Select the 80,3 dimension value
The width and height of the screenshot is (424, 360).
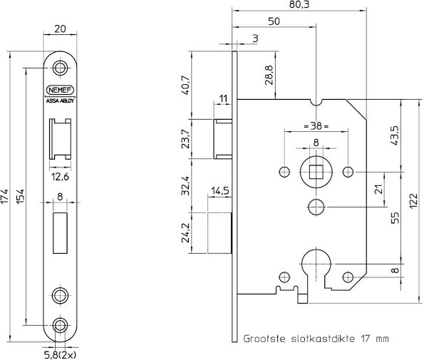point(300,5)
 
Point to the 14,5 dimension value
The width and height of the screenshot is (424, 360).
point(219,191)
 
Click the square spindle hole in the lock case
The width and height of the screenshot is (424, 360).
point(316,171)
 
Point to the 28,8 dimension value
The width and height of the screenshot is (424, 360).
point(268,75)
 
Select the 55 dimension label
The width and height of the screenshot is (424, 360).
point(394,217)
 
